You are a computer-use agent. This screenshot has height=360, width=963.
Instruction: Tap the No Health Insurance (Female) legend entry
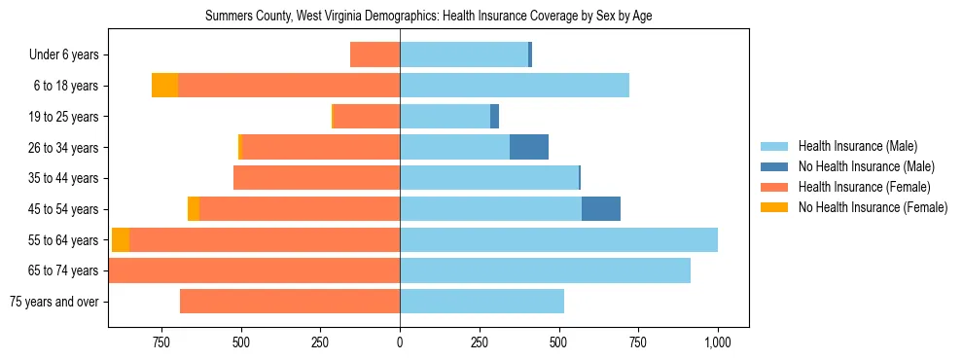pyautogui.click(x=872, y=207)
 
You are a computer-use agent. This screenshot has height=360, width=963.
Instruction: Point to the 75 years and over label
pyautogui.click(x=53, y=302)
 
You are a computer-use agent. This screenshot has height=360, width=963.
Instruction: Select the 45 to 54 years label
pyautogui.click(x=63, y=209)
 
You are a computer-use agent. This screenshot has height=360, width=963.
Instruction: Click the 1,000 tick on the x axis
pyautogui.click(x=717, y=342)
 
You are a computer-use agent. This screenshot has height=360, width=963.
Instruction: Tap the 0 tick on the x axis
pyautogui.click(x=400, y=342)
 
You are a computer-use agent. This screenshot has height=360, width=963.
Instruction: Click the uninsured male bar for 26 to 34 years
pyautogui.click(x=529, y=147)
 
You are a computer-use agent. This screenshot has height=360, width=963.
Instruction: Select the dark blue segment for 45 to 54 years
pyautogui.click(x=601, y=209)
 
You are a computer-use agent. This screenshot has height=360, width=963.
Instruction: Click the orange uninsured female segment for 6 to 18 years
pyautogui.click(x=165, y=86)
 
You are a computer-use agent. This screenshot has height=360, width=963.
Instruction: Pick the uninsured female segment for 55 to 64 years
pyautogui.click(x=121, y=240)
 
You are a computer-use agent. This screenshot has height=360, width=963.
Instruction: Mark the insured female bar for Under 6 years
pyautogui.click(x=375, y=54)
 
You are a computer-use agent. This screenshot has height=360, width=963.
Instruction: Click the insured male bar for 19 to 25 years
pyautogui.click(x=446, y=117)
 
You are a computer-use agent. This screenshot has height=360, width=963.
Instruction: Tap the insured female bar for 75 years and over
pyautogui.click(x=290, y=302)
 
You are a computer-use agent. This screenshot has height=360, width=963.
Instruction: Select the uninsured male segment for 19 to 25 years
pyautogui.click(x=494, y=117)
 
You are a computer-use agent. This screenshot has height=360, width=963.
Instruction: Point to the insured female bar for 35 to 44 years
pyautogui.click(x=317, y=178)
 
